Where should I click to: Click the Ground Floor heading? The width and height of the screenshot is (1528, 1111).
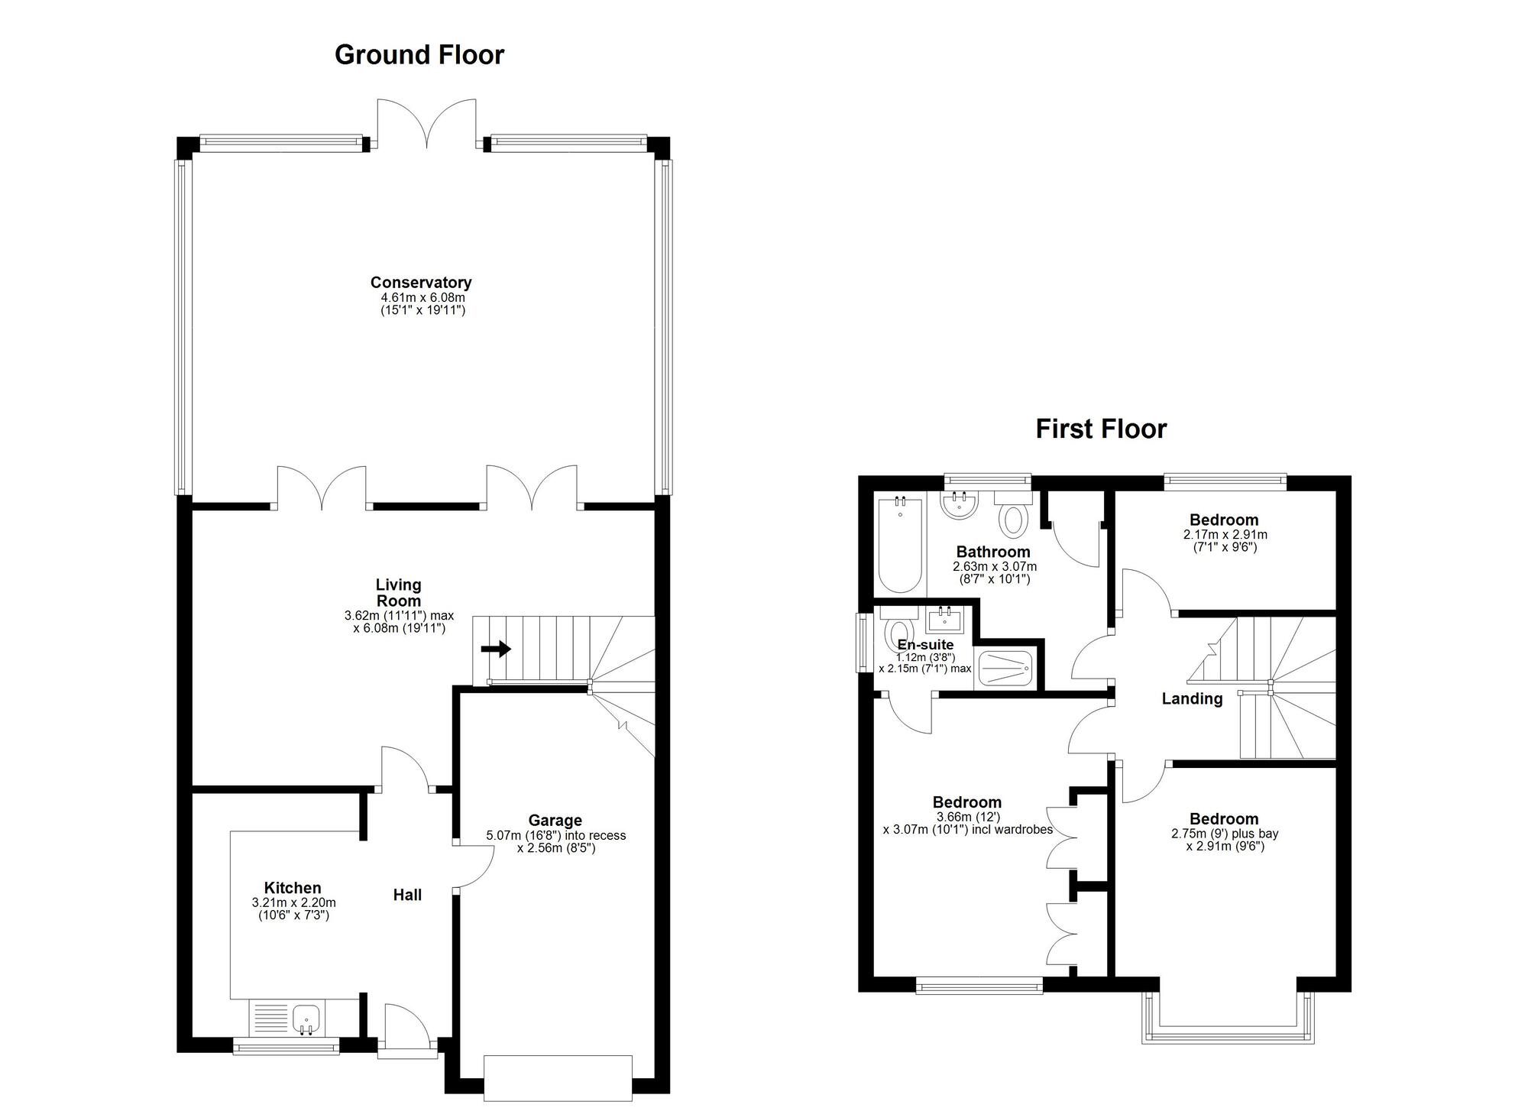tap(419, 55)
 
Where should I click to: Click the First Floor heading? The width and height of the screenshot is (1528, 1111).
tap(1100, 429)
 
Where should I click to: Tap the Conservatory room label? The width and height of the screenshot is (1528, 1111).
tap(421, 283)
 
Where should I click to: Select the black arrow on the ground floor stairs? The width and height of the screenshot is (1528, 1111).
tap(496, 649)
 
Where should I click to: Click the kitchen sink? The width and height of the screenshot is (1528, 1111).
tap(306, 1019)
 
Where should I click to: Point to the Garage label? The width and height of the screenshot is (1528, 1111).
tap(555, 821)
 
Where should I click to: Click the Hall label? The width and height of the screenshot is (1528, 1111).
tap(407, 895)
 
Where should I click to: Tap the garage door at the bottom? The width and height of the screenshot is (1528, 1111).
tap(558, 1077)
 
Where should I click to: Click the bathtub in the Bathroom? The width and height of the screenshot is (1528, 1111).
tap(900, 544)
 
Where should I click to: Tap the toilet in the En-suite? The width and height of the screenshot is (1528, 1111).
tap(893, 633)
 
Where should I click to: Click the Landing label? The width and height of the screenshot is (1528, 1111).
tap(1191, 698)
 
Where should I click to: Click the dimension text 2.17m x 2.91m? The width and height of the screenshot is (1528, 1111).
tap(1225, 535)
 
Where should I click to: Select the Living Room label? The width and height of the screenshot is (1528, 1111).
tap(398, 593)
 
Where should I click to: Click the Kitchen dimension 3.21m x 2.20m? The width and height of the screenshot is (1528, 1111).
tap(293, 902)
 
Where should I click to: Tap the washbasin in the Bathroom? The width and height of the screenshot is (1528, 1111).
tap(959, 506)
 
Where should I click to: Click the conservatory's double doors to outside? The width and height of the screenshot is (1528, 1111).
tap(427, 122)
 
